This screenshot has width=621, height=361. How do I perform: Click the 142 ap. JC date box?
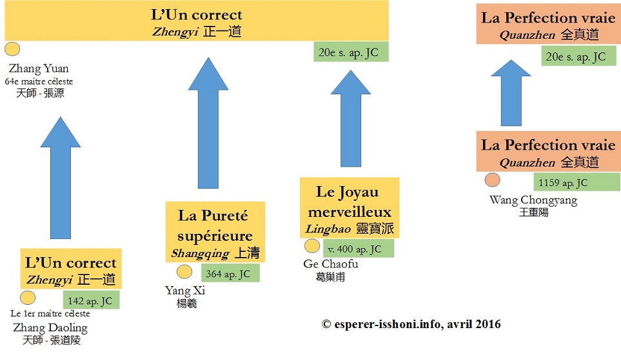(91, 300)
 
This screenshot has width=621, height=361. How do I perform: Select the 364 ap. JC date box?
(230, 273)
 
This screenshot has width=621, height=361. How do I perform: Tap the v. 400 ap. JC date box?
(357, 249)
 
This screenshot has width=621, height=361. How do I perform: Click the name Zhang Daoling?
(50, 327)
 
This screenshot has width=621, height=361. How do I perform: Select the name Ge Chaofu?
(330, 264)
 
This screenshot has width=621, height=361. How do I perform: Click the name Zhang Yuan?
(39, 68)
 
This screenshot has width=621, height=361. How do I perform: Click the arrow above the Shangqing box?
(208, 123)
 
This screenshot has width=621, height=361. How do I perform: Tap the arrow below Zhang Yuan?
(60, 178)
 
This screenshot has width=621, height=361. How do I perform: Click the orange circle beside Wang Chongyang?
(493, 180)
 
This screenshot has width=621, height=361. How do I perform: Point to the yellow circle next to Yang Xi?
(184, 272)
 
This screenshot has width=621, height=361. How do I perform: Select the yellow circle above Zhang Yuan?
(12, 50)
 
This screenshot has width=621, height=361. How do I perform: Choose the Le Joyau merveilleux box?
(350, 207)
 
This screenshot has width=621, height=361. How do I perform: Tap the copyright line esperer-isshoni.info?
(411, 324)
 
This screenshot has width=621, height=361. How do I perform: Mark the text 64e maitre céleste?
(39, 81)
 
